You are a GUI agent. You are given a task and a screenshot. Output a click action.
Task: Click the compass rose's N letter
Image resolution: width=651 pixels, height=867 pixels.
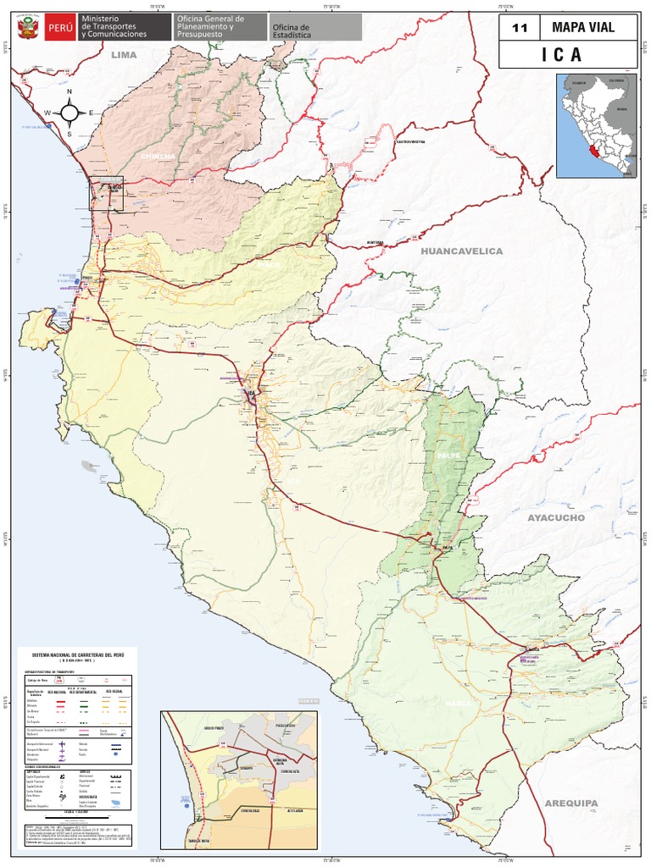(70, 92)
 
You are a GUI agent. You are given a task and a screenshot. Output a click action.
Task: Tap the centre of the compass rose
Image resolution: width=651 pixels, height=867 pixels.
(70, 113)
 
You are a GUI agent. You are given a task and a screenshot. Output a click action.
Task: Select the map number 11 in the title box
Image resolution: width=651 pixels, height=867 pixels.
(520, 28)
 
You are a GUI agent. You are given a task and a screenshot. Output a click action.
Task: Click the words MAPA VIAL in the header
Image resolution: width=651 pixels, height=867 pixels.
(583, 28)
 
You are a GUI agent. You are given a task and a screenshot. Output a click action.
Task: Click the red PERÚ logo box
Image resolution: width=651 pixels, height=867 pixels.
(60, 28)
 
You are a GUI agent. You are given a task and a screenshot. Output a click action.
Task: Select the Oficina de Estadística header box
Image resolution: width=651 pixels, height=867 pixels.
(291, 30)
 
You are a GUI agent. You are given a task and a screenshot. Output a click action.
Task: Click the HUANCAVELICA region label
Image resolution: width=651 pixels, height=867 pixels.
(461, 251)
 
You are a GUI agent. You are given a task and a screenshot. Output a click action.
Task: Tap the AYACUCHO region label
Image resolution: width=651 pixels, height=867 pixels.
(556, 517)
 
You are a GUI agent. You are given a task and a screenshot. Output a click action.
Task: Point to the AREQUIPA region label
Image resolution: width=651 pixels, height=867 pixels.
(570, 803)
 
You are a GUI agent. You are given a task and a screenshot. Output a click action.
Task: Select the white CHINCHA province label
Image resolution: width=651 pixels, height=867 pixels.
(158, 157)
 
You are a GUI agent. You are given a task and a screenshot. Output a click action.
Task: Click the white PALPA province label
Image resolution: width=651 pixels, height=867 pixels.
(448, 456)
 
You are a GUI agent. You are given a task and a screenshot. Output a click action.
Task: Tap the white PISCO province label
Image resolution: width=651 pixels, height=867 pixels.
(268, 265)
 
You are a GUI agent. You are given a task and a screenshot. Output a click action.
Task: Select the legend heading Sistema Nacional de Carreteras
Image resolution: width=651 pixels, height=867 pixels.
(75, 656)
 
